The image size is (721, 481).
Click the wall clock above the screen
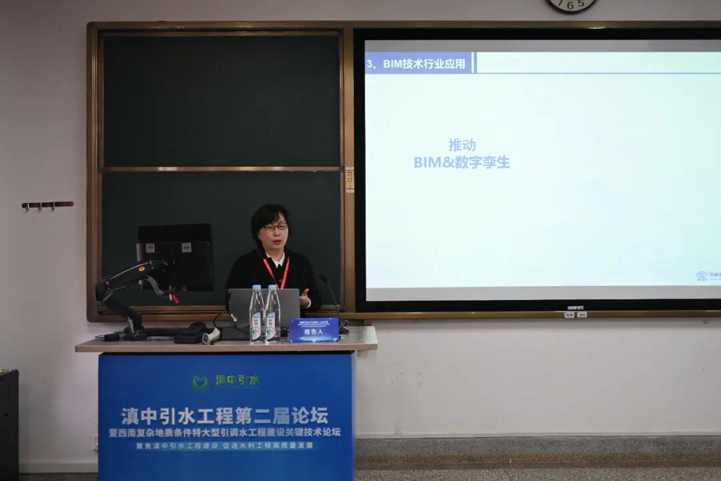[570, 5]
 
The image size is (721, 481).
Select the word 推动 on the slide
[462, 145]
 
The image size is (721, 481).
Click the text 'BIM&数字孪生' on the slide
[462, 162]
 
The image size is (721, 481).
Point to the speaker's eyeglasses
[275, 227]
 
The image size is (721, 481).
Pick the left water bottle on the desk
[256, 315]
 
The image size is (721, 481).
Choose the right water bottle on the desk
[272, 315]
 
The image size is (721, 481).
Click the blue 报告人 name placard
[314, 330]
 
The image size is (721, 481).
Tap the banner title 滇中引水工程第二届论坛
[224, 416]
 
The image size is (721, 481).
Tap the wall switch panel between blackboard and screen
[349, 179]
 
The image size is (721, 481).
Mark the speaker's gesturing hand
[304, 296]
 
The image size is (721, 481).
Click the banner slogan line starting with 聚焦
[224, 445]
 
